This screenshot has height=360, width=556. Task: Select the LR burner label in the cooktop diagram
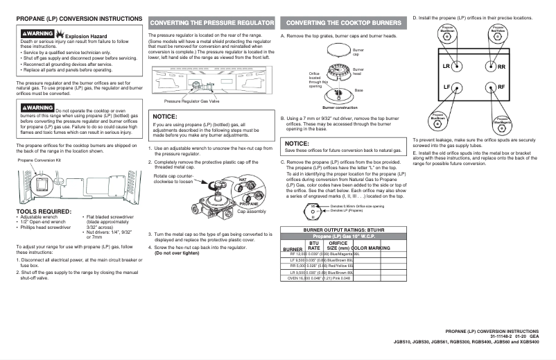pyautogui.click(x=446, y=67)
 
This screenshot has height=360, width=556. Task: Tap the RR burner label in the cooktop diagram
pyautogui.click(x=501, y=67)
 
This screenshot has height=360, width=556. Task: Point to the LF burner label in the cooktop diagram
pyautogui.click(x=446, y=87)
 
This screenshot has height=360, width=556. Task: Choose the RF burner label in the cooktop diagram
pyautogui.click(x=501, y=87)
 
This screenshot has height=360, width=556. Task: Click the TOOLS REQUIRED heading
pyautogui.click(x=44, y=211)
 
